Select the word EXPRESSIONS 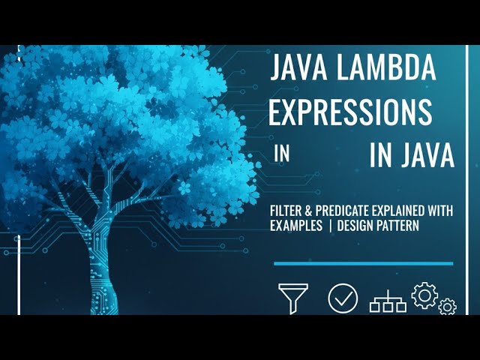click(x=350, y=112)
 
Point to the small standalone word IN click(x=281, y=154)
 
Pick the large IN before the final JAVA click(x=382, y=156)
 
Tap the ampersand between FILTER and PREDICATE click(x=312, y=211)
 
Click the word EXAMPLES click(x=295, y=226)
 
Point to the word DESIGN click(x=356, y=226)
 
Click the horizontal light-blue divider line click(x=363, y=263)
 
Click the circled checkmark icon click(x=343, y=298)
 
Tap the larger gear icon click(x=424, y=295)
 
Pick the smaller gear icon click(x=447, y=306)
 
